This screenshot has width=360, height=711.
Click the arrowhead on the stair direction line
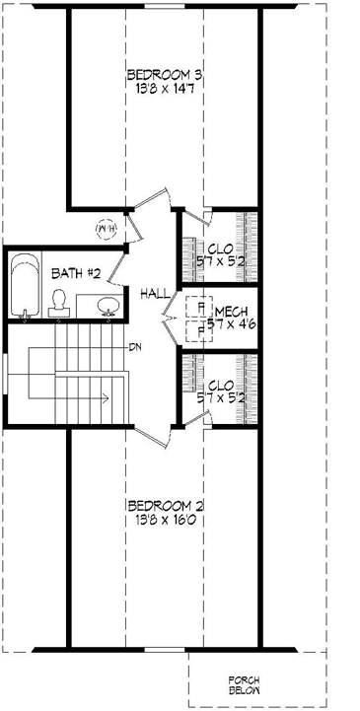tap(102, 398)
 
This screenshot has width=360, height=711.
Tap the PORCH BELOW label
tap(244, 685)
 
